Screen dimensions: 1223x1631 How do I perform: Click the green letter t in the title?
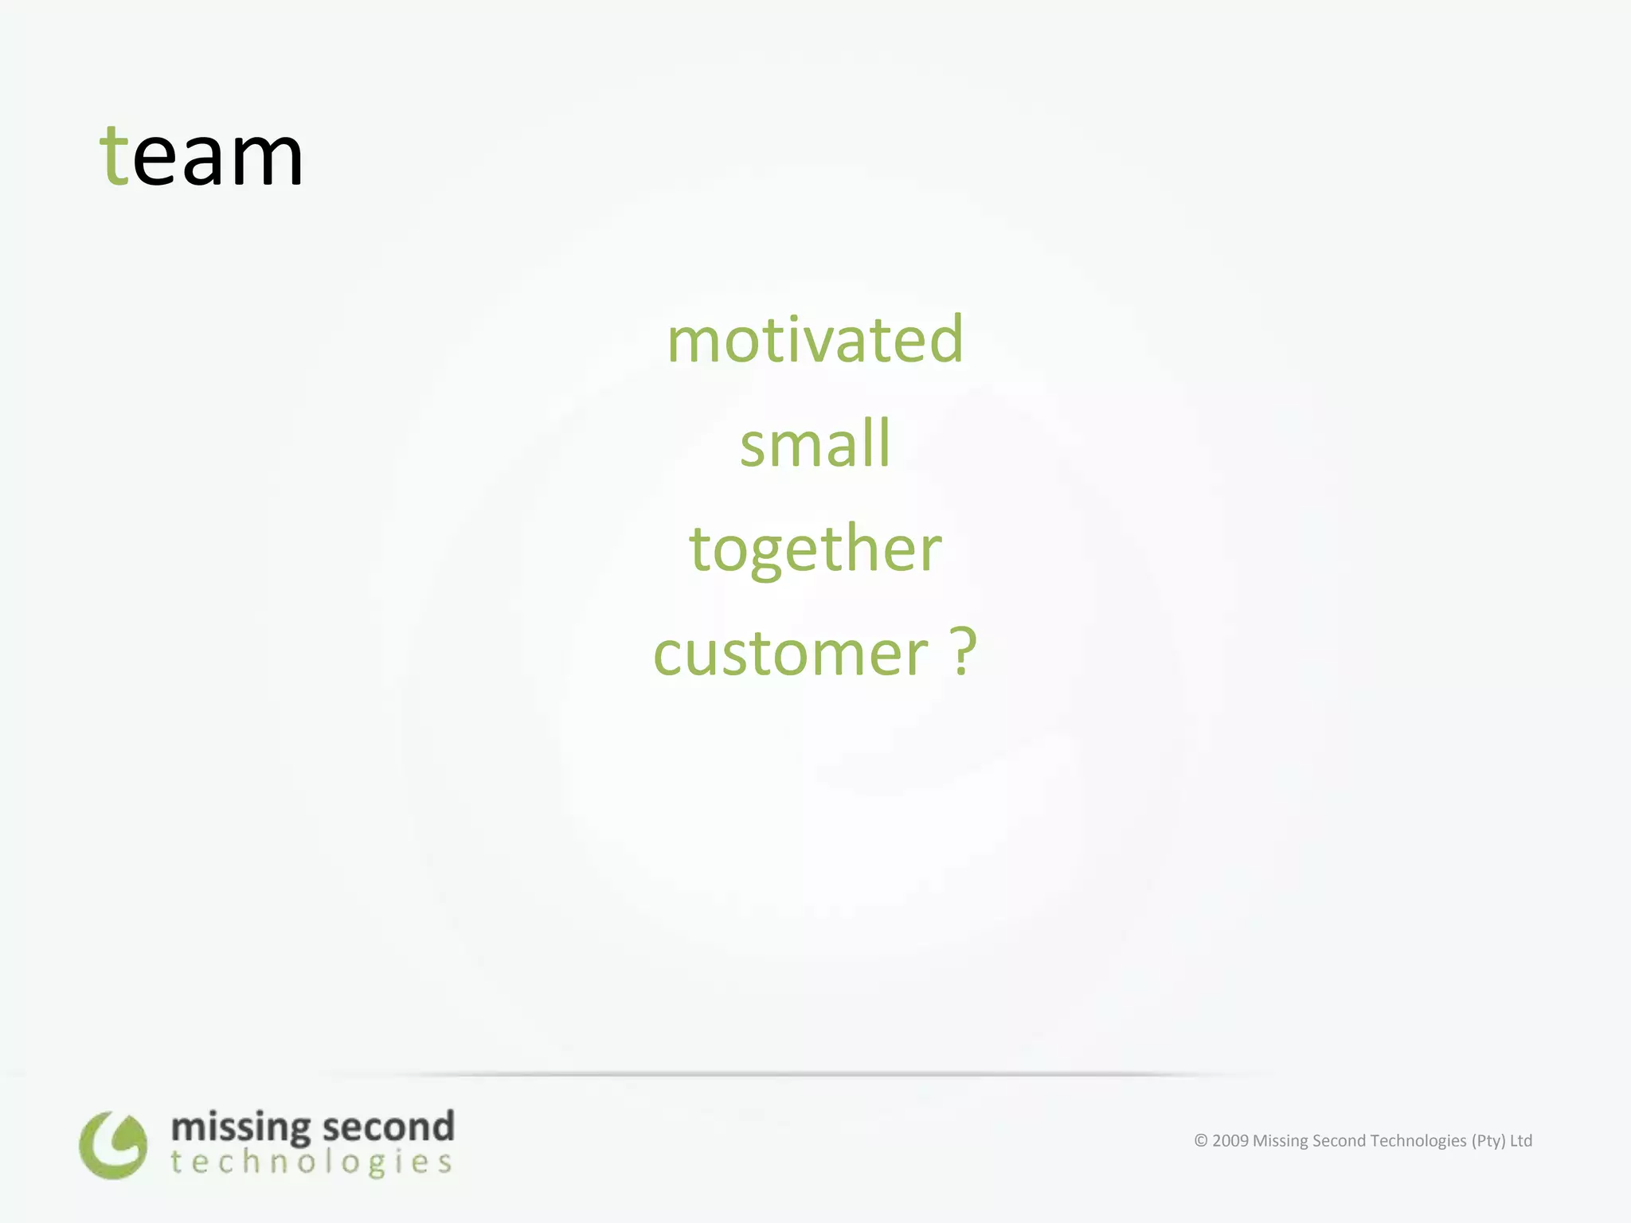tap(115, 157)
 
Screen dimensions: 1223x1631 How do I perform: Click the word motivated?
tap(815, 340)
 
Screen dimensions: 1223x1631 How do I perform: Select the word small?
tap(815, 443)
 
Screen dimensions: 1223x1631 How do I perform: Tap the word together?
tap(815, 549)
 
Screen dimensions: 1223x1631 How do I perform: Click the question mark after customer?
tap(964, 651)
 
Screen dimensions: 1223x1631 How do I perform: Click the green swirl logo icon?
tap(113, 1145)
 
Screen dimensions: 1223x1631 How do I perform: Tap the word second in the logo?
tap(388, 1127)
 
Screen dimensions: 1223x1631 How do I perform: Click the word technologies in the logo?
tap(311, 1163)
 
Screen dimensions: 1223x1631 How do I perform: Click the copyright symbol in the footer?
tap(1201, 1141)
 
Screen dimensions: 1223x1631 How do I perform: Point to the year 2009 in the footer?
tap(1230, 1141)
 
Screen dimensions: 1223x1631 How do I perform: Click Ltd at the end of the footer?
tap(1521, 1141)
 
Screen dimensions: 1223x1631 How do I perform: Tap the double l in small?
tap(877, 442)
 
